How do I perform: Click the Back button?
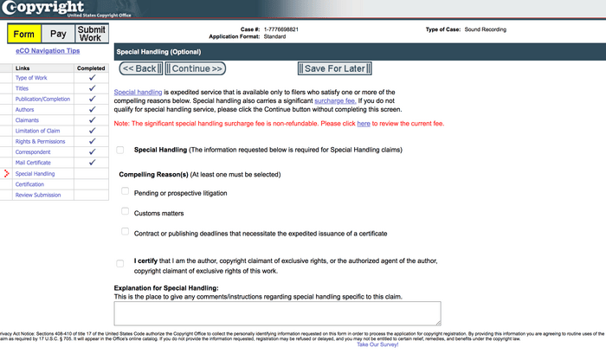pos(140,68)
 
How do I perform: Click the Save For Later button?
pos(334,68)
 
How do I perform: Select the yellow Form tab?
pos(24,34)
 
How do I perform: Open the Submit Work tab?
pos(91,34)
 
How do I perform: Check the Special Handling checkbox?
pos(120,151)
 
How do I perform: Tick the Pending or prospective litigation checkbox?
pos(126,192)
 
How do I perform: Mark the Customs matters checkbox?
pos(126,212)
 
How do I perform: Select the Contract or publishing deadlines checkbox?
pos(126,232)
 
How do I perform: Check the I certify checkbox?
pos(120,262)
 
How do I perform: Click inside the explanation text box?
pos(278,312)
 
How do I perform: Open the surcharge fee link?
pos(333,100)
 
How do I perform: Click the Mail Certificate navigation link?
pos(32,163)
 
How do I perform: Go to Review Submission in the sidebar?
pos(38,195)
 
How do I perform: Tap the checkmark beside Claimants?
pos(92,120)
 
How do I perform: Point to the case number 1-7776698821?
pos(281,29)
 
